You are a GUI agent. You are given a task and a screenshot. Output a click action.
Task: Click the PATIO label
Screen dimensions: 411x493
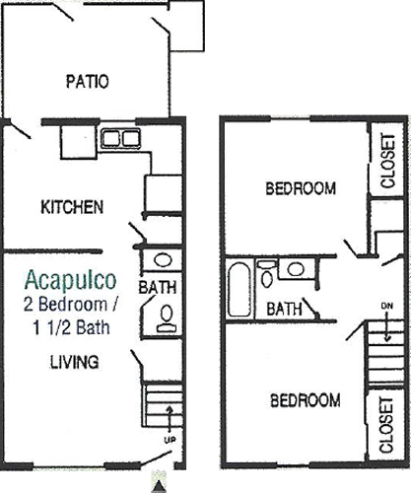pos(87,82)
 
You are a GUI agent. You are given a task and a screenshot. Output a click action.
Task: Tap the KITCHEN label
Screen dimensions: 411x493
pos(72,207)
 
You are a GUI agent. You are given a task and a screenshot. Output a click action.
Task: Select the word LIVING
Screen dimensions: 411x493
pos(74,362)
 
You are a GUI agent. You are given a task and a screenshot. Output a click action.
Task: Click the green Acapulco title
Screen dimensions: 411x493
pos(70,280)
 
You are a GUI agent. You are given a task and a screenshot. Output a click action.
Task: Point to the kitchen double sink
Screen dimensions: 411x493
pos(120,138)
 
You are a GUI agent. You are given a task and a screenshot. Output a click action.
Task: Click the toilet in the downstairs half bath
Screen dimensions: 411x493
pos(167,318)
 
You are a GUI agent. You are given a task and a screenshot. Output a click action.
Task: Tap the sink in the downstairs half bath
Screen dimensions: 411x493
pos(164,260)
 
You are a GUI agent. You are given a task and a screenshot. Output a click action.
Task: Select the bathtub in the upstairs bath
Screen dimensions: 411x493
pos(240,290)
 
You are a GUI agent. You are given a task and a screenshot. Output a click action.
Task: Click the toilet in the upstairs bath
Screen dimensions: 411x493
pos(266,274)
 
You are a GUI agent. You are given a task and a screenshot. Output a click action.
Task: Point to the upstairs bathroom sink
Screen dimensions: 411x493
pos(296,269)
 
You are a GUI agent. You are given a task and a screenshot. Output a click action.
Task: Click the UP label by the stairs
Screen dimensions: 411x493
pos(170,440)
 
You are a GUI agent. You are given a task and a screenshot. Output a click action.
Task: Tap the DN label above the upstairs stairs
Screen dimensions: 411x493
pos(387,306)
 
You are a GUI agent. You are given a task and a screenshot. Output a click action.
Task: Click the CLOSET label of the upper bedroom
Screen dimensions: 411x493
pos(387,161)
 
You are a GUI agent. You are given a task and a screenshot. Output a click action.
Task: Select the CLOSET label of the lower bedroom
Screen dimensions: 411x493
pos(386,425)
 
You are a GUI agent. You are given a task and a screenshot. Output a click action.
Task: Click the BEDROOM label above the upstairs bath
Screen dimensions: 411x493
pos(301,188)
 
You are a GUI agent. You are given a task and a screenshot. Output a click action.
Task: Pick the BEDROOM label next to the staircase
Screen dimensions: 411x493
pos(306,400)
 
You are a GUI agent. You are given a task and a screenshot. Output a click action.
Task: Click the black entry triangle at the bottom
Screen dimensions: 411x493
pos(159,487)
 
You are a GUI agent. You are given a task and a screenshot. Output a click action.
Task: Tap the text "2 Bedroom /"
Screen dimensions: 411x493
pos(71,305)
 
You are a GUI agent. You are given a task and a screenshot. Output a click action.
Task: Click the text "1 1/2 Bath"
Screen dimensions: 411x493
pos(71,327)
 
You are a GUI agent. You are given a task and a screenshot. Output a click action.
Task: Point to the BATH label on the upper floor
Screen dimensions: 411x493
pos(285,309)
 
